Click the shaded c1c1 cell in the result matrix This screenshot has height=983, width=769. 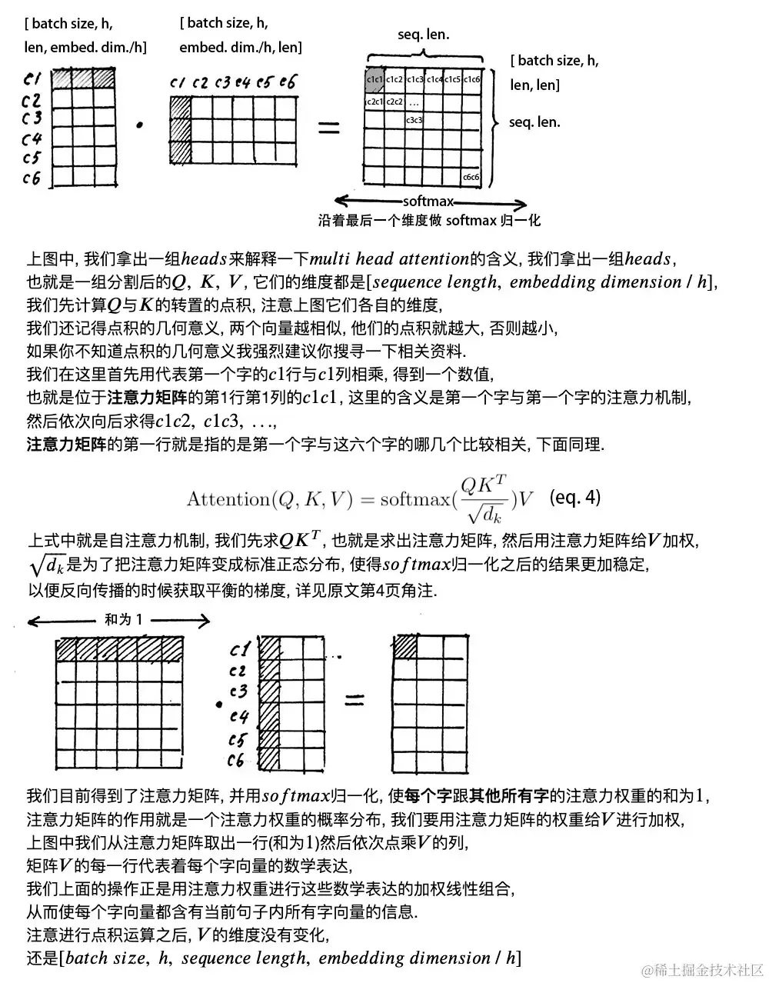(374, 79)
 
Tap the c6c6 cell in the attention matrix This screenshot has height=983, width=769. (471, 177)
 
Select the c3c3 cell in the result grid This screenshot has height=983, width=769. (414, 120)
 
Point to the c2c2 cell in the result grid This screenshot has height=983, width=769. (394, 101)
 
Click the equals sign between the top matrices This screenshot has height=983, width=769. (328, 128)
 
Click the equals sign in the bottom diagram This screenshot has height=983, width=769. (354, 700)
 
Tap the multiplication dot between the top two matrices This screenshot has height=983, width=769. (139, 124)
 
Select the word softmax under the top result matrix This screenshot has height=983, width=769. (428, 202)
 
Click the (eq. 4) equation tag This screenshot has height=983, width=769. (575, 497)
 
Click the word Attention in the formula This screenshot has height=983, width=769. (228, 499)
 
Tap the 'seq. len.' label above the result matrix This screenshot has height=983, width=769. (424, 34)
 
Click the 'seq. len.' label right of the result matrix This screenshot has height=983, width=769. (534, 122)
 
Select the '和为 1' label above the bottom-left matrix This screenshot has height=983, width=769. (123, 619)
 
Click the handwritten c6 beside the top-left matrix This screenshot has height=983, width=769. (31, 178)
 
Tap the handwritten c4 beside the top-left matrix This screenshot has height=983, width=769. (31, 139)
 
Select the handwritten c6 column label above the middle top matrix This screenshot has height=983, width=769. (288, 82)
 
